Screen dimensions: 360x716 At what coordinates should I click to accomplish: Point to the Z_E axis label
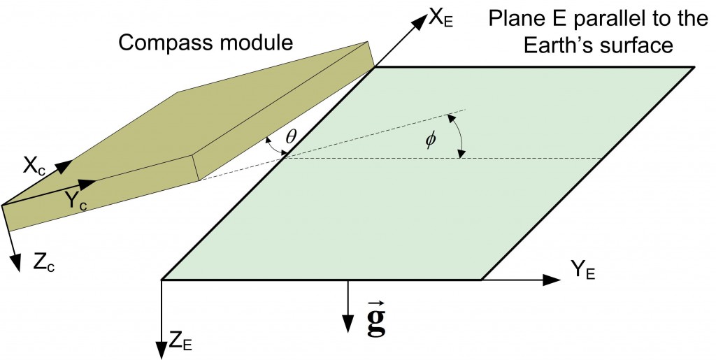coord(180,342)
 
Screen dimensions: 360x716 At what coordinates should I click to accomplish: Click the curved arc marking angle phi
coord(459,134)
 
